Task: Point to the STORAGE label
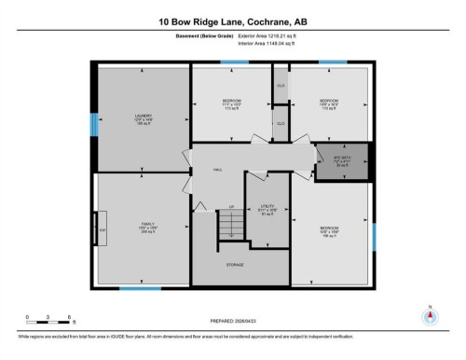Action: [x=234, y=265]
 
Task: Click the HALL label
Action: [x=217, y=170]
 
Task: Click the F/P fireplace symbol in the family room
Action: [x=102, y=228]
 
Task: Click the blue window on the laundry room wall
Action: [x=92, y=124]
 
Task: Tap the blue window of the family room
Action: [x=139, y=288]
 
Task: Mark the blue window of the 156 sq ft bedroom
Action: [x=373, y=236]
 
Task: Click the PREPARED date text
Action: [x=232, y=317]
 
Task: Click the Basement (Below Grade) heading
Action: [x=203, y=35]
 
